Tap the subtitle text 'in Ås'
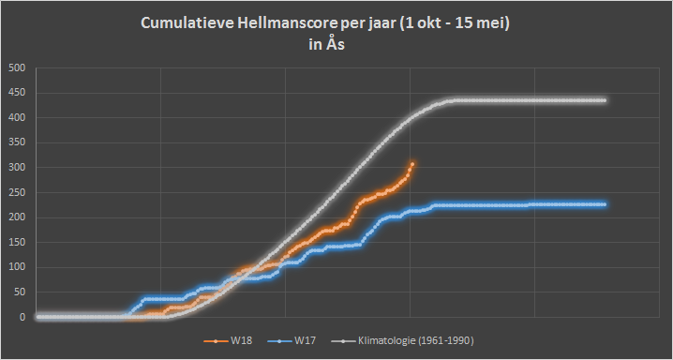pyautogui.click(x=326, y=44)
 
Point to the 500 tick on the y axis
pyautogui.click(x=17, y=67)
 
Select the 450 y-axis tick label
pyautogui.click(x=17, y=93)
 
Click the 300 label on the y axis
pyautogui.click(x=17, y=167)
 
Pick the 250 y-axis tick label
pyautogui.click(x=17, y=193)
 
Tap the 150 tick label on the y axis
pyautogui.click(x=17, y=243)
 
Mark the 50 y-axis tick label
pyautogui.click(x=20, y=292)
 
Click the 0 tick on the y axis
pyautogui.click(x=22, y=317)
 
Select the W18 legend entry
pyautogui.click(x=228, y=341)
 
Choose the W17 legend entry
pyautogui.click(x=292, y=341)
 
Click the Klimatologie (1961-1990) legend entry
pyautogui.click(x=403, y=341)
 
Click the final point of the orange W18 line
pyautogui.click(x=412, y=164)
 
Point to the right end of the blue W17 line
pyautogui.click(x=605, y=204)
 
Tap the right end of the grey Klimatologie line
pyautogui.click(x=605, y=100)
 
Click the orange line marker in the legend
pyautogui.click(x=216, y=341)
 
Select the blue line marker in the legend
pyautogui.click(x=279, y=341)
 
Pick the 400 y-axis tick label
pyautogui.click(x=17, y=117)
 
